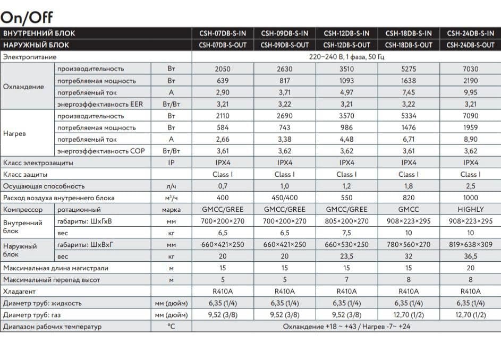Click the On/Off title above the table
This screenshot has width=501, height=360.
(27, 16)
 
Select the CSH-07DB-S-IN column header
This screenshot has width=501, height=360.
(223, 33)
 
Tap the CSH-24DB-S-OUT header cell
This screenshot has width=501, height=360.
(470, 45)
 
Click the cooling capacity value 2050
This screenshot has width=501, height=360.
(223, 69)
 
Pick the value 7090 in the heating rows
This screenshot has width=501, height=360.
(470, 116)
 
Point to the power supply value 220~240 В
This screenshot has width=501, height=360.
(346, 57)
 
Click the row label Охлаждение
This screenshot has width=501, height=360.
(23, 87)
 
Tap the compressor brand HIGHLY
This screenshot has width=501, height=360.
(470, 210)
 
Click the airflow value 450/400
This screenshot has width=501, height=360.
(285, 198)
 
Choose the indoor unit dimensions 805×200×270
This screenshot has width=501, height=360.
(346, 221)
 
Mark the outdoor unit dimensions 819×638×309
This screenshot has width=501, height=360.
(470, 245)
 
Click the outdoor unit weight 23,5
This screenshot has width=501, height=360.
(346, 256)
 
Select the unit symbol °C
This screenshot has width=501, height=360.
(171, 327)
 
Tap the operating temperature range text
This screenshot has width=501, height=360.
(346, 327)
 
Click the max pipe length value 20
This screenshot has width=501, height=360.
(470, 268)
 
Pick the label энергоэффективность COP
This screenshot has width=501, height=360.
(100, 151)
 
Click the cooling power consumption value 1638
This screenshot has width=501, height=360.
(408, 81)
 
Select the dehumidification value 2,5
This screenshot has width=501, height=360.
(470, 186)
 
